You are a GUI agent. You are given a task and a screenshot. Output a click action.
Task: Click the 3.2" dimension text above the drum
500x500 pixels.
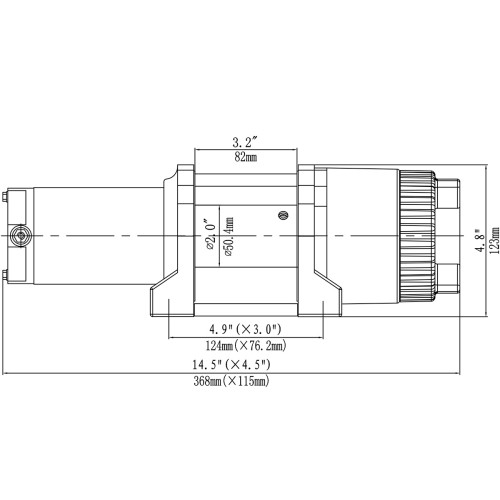[x=245, y=140]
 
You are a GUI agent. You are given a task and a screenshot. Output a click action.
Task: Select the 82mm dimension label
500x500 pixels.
[x=245, y=157]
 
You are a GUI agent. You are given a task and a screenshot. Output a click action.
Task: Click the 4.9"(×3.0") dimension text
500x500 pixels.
[x=245, y=330]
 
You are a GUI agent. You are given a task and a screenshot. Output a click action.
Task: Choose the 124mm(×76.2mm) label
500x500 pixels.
[x=245, y=346]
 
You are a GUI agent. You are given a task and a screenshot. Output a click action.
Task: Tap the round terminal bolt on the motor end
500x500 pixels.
[x=20, y=236]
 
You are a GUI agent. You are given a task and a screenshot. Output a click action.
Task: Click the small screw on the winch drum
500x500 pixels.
[x=283, y=212]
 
